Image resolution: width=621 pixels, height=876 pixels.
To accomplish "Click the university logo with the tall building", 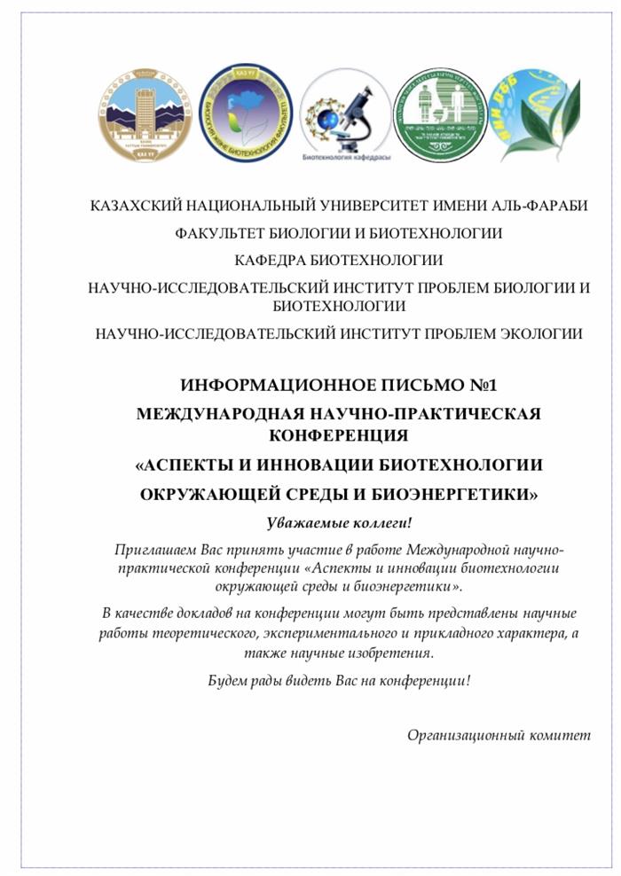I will coord(145,115).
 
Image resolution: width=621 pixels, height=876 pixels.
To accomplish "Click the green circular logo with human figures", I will coord(440,115).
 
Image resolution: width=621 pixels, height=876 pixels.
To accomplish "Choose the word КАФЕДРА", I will coord(271,261).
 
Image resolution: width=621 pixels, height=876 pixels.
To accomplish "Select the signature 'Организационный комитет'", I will coord(499,734).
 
